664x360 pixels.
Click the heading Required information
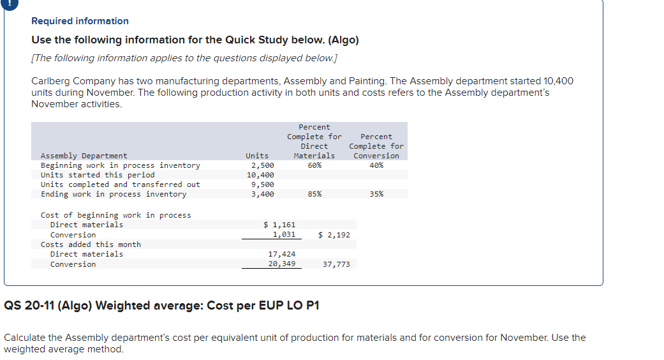tap(80, 21)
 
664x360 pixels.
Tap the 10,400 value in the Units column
tap(261, 175)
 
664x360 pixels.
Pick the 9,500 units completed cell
tap(263, 184)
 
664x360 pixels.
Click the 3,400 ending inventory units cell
tap(263, 194)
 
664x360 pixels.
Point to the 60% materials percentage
tap(314, 165)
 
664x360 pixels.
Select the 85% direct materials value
tap(314, 194)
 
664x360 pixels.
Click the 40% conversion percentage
tap(376, 165)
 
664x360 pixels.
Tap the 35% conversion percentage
tap(376, 194)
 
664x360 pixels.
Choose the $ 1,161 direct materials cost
tap(279, 225)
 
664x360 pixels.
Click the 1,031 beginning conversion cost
tap(283, 235)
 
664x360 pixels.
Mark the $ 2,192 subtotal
tap(334, 235)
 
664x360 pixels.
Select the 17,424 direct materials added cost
tap(281, 254)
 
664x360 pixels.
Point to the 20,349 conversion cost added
tap(281, 264)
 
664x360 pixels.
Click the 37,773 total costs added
tap(336, 264)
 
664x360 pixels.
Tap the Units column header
tap(257, 156)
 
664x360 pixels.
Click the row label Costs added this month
tap(91, 244)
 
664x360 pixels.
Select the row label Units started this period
tap(98, 175)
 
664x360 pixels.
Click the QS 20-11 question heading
tap(161, 305)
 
